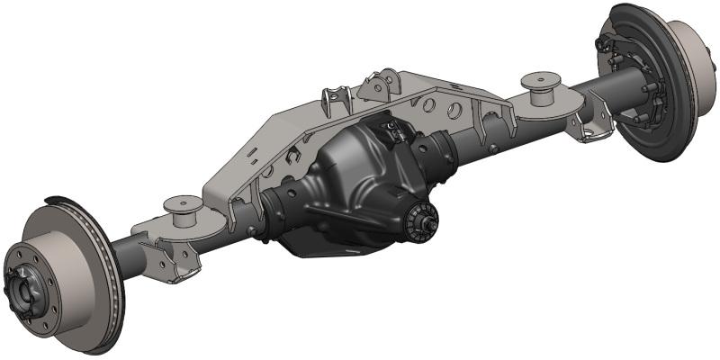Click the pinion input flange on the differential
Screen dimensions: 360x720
tap(422, 220)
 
